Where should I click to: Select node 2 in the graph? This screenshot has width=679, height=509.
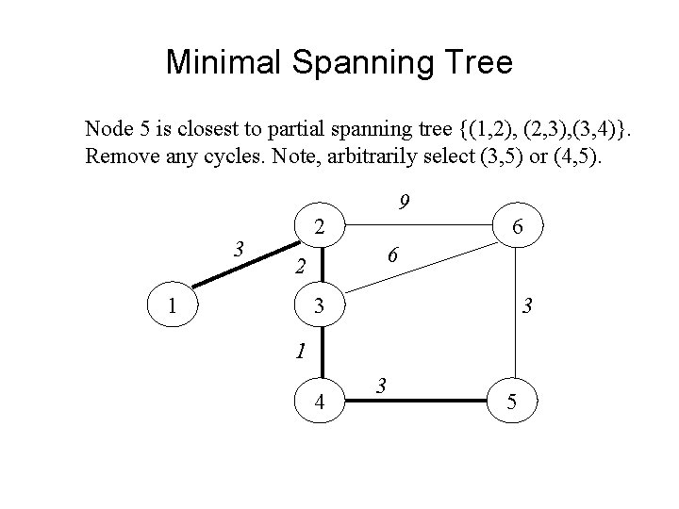pos(321,226)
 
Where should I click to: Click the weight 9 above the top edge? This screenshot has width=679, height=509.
pos(404,203)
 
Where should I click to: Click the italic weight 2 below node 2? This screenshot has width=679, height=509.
pos(299,266)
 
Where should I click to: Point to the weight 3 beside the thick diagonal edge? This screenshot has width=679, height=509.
pos(240,249)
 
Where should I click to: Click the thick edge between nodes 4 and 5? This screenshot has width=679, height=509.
pos(415,401)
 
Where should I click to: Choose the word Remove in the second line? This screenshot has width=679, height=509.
pos(116,156)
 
